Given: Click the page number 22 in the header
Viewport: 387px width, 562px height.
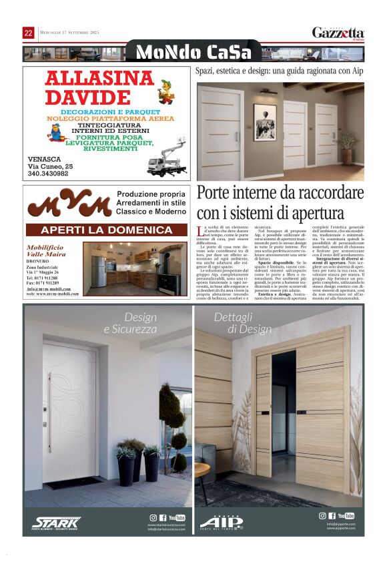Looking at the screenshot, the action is pyautogui.click(x=28, y=33).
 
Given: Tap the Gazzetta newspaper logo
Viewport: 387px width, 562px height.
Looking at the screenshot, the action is pyautogui.click(x=338, y=33).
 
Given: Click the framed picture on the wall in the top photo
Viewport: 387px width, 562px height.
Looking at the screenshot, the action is pyautogui.click(x=265, y=121).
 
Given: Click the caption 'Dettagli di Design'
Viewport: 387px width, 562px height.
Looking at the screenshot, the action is pyautogui.click(x=243, y=323).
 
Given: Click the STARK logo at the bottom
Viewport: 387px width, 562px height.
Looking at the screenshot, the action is pyautogui.click(x=57, y=521).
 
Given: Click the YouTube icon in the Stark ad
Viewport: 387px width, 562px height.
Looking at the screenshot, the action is pyautogui.click(x=177, y=517).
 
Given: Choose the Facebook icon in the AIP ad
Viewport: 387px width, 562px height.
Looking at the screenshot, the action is pyautogui.click(x=332, y=516).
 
